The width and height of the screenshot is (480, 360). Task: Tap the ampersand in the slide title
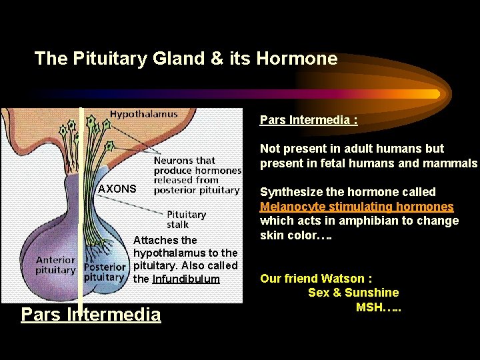(217, 59)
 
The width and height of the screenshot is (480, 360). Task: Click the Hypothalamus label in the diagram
(143, 114)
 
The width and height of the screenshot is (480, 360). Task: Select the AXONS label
(117, 189)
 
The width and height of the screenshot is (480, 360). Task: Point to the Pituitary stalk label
(186, 219)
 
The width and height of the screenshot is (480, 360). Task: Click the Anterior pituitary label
(55, 265)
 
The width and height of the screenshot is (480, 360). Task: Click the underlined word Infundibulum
(186, 278)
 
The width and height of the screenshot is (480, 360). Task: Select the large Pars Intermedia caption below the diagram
(91, 314)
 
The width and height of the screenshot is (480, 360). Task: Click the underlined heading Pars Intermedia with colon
(309, 120)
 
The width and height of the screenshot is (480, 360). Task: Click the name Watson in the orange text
(344, 279)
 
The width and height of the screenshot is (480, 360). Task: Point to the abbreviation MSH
(369, 307)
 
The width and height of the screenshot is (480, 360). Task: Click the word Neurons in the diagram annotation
(175, 161)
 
